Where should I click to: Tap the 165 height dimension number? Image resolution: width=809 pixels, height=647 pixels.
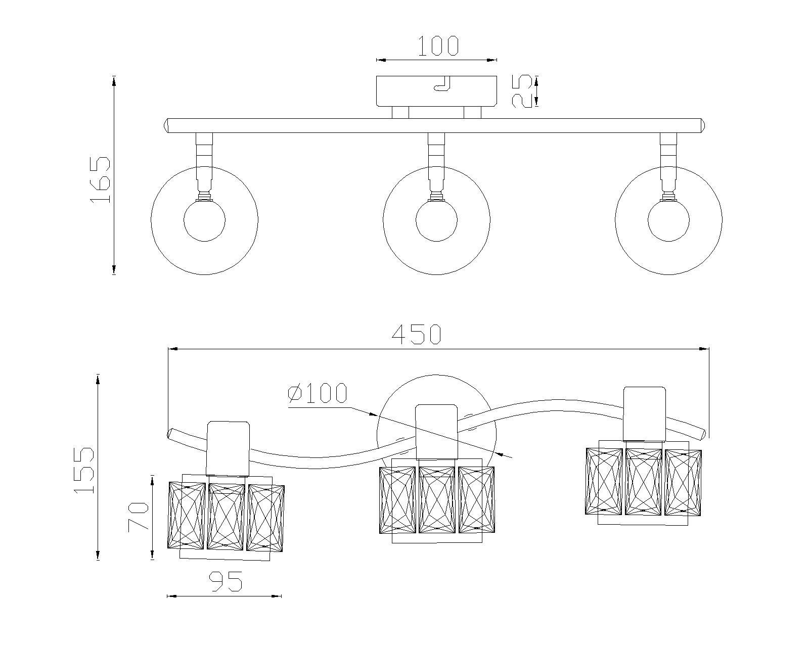click(101, 180)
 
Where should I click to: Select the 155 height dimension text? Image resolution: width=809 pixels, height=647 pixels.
click(84, 470)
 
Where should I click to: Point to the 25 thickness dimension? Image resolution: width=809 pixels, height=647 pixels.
click(522, 91)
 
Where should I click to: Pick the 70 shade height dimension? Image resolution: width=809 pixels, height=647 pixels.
click(139, 517)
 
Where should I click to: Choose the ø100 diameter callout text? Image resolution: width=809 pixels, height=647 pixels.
click(317, 393)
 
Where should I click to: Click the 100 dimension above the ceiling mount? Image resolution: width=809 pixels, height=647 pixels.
click(438, 46)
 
